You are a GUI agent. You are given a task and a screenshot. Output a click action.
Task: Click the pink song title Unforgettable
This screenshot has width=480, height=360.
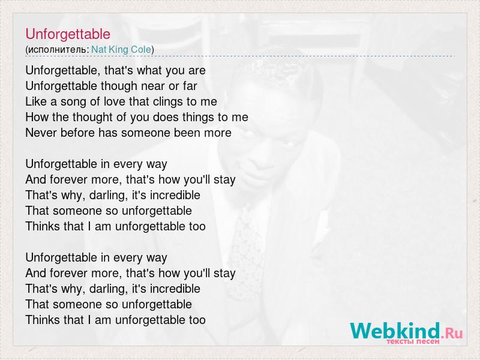pyautogui.click(x=68, y=34)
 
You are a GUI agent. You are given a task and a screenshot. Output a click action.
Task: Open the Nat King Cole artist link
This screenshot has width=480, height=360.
pyautogui.click(x=121, y=49)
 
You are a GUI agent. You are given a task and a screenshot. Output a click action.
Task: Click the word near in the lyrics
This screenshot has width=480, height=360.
pyautogui.click(x=153, y=86)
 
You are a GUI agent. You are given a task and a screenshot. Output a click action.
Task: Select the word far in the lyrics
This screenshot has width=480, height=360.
pyautogui.click(x=190, y=86)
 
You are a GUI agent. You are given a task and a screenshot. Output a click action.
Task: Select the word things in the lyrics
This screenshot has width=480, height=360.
pyautogui.click(x=197, y=117)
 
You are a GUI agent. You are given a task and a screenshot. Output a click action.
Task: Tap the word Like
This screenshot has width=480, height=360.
pyautogui.click(x=37, y=101)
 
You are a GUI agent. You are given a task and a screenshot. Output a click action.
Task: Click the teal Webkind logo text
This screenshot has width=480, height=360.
pyautogui.click(x=395, y=331)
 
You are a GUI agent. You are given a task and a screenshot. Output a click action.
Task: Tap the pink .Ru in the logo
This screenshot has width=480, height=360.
pyautogui.click(x=452, y=333)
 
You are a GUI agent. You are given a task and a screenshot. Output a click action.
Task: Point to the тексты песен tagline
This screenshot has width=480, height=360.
pyautogui.click(x=413, y=341)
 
